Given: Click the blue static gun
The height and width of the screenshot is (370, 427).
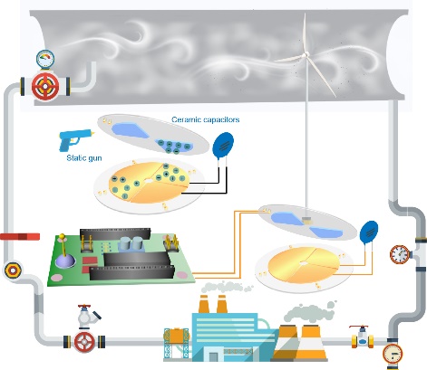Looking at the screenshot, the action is point(74,139).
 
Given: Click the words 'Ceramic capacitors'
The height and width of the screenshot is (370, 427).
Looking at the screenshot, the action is point(206,119).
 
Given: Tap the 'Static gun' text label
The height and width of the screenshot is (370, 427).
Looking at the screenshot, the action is point(84,158).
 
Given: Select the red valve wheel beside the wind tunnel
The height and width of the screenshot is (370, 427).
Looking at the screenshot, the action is point(45,86).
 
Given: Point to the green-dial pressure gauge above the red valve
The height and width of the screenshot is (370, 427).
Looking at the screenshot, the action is point(45,59).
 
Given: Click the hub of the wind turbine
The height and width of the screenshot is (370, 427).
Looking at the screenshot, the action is point(306,54).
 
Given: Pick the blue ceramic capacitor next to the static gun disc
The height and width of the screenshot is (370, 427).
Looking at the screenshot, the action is point(223,146).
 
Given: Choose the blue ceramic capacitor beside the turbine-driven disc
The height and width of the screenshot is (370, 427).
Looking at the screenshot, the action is point(369,232).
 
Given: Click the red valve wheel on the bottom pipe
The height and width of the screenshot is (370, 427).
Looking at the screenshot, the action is point(84,342).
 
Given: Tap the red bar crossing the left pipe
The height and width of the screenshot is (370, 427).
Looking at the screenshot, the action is point(20,237).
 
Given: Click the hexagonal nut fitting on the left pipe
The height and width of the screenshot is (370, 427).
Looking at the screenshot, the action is point(13,270).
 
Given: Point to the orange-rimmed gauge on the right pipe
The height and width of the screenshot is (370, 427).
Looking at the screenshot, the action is point(399,254).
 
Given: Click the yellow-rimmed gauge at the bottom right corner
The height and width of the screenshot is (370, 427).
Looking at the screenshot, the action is point(393,354).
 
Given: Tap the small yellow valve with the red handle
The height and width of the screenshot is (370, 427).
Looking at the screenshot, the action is point(363,337).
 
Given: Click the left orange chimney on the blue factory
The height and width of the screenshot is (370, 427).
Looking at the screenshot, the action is point(204,304).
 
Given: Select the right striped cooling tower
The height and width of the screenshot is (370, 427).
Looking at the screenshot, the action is point(311,343).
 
